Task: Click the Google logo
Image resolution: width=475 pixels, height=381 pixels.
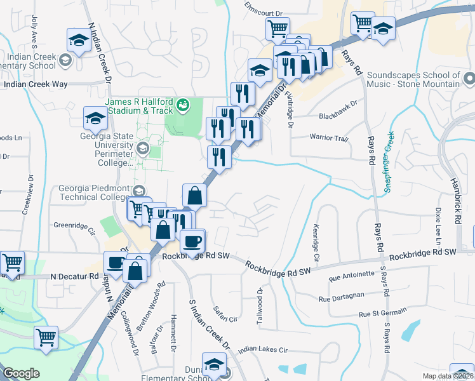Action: tap(21, 373)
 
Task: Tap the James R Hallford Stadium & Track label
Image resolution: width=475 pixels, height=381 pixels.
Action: tap(138, 106)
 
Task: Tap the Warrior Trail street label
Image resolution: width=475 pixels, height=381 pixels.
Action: tap(329, 138)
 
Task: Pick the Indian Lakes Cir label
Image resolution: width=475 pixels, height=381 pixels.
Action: tap(263, 349)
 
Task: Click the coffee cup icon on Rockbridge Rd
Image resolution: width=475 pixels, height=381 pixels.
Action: tap(192, 241)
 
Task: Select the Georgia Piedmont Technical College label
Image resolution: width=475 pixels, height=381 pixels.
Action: tap(94, 192)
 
